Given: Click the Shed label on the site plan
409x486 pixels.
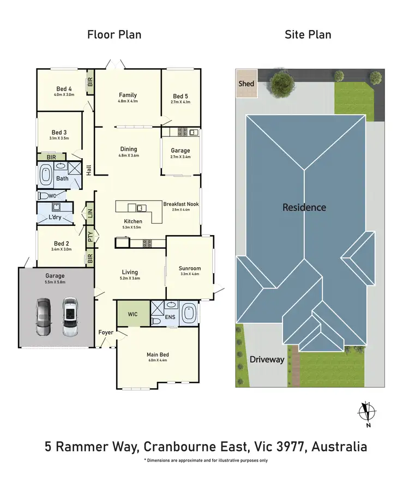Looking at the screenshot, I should (x=246, y=83).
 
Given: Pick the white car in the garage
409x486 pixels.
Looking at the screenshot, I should (x=70, y=316).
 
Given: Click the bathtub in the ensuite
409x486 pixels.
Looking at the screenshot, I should (x=189, y=314).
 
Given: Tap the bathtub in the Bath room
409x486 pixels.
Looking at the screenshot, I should (x=46, y=177).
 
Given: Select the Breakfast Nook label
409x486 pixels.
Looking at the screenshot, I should (x=181, y=204).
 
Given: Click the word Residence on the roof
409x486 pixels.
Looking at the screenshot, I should (x=304, y=207).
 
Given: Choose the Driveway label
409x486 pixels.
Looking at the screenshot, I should (x=267, y=359).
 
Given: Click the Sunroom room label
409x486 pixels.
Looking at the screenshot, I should (x=190, y=268).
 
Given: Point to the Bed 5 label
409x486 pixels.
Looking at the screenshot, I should (x=181, y=96).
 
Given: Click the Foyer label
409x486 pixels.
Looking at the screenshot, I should (x=106, y=332).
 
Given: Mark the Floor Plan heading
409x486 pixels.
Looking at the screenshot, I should (x=115, y=35).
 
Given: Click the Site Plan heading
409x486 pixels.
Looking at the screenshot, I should (x=308, y=35).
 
